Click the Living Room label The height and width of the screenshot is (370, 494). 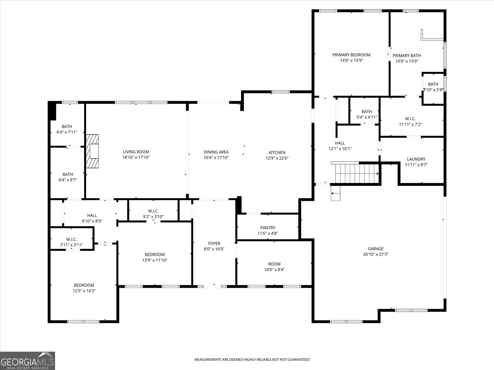coord(136,152)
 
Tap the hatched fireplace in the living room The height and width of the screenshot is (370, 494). coord(92,151)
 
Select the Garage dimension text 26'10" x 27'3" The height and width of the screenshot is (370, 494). coord(376,254)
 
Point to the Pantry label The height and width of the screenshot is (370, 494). coord(268,228)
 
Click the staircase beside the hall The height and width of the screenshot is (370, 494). coord(357,173)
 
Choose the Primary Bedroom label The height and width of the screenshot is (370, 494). coord(351,55)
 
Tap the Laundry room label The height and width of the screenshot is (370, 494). coord(416,159)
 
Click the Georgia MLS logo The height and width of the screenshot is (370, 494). coord(27,361)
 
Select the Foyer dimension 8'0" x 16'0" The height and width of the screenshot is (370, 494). coord(214,249)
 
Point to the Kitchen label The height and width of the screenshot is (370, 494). coord(277,153)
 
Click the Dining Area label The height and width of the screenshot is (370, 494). coord(216,152)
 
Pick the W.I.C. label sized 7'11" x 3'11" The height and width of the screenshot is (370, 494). coord(71,240)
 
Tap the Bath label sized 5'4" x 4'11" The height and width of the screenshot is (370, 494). coord(366,112)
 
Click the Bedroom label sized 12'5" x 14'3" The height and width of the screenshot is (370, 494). coord(84,285)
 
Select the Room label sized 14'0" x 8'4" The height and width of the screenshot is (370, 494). coord(274,264)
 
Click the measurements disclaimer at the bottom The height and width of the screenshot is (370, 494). coord(252,360)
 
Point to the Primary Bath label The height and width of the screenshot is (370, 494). coord(407,55)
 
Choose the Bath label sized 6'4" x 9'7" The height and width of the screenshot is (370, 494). coord(68,174)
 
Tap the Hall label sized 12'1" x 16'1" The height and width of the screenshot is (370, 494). coord(340,143)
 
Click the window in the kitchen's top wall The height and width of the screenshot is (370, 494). coord(280,92)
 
